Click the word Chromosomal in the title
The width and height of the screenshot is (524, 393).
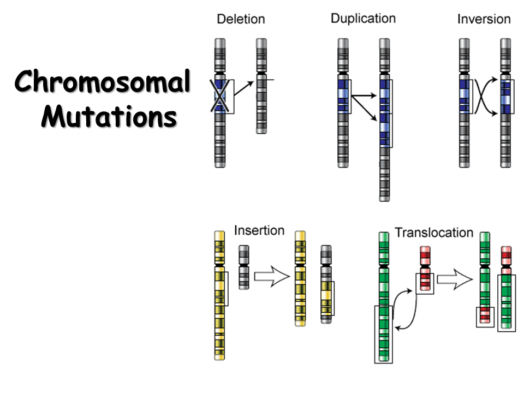point(103,84)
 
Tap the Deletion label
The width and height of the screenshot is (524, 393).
point(241,19)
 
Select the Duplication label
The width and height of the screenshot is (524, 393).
point(363,19)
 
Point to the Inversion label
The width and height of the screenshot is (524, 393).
point(484,19)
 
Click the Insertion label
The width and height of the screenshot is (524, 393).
point(259,230)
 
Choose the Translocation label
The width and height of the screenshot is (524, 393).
point(434,233)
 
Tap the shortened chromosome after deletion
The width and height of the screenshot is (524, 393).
point(261,87)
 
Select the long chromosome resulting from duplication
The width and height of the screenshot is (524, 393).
point(385,120)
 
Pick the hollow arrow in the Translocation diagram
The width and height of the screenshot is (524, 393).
point(454,280)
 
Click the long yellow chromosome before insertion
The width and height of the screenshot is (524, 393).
point(219,295)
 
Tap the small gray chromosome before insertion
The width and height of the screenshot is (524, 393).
point(244,267)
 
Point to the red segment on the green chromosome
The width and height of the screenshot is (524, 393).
point(484,315)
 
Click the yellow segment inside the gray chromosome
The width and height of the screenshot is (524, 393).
point(326,298)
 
